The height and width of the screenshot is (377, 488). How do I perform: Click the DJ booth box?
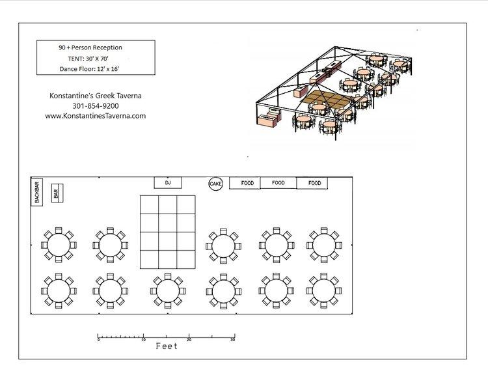tap(168, 182)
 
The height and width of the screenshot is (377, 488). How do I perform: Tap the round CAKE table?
tap(215, 184)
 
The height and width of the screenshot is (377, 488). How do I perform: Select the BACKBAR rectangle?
tap(36, 192)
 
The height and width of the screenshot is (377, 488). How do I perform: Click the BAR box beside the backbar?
tap(57, 193)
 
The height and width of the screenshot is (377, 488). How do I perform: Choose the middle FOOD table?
tap(278, 182)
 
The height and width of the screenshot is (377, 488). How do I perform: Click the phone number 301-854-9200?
tap(96, 106)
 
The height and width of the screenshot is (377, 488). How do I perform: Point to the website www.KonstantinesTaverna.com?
tap(96, 116)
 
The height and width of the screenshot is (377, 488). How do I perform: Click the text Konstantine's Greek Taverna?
tap(96, 96)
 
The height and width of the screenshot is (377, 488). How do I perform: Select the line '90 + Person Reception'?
tap(90, 48)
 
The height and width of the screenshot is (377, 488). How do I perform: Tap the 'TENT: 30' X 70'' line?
tap(88, 58)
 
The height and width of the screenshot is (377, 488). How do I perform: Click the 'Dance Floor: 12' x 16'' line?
tap(89, 69)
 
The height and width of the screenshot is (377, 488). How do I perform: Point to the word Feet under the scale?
tap(167, 346)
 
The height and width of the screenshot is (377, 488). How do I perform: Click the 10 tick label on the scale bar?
tap(144, 340)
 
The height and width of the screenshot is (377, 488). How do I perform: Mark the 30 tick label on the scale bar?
tap(232, 340)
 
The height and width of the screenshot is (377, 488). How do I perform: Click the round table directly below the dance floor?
tap(168, 291)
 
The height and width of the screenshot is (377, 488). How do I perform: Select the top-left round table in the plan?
tap(59, 245)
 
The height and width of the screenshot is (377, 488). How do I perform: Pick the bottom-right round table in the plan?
tap(323, 290)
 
